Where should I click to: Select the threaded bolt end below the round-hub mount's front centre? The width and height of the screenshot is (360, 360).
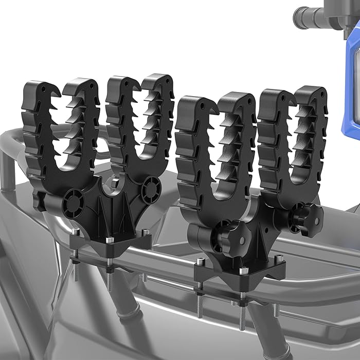coord(109,280)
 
